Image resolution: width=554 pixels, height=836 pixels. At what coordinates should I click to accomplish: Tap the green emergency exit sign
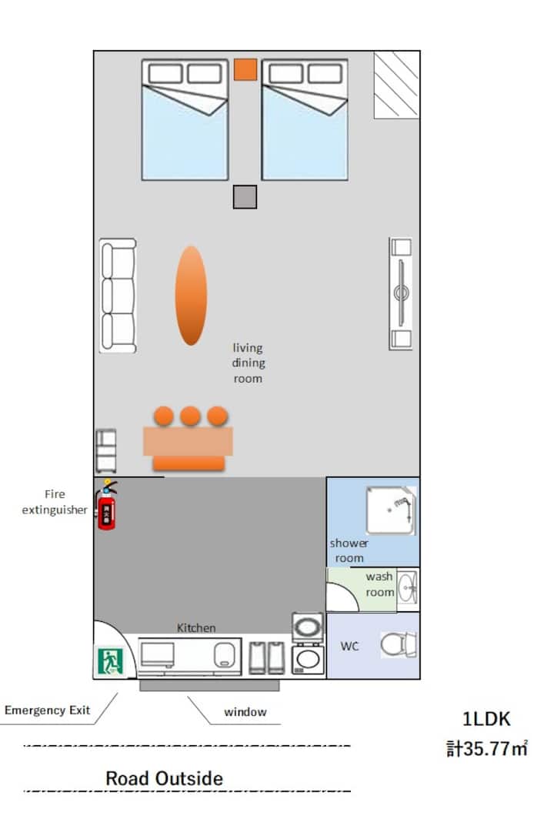click(110, 660)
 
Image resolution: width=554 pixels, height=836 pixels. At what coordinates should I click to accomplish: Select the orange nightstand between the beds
click(245, 70)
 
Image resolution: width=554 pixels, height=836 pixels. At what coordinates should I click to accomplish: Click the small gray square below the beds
click(245, 197)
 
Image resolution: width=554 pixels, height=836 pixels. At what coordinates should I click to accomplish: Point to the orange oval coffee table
click(191, 296)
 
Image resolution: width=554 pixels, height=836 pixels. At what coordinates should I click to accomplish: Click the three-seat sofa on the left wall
click(118, 296)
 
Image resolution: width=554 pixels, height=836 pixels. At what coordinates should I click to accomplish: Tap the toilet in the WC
click(398, 644)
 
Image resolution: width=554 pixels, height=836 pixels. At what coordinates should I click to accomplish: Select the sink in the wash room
click(408, 589)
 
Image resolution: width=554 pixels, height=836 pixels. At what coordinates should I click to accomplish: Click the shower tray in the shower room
click(390, 510)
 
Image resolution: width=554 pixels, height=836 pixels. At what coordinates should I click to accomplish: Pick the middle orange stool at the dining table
click(190, 416)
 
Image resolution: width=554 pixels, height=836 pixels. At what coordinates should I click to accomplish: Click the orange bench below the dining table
click(189, 463)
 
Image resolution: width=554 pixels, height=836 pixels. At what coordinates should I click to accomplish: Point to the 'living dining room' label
click(248, 363)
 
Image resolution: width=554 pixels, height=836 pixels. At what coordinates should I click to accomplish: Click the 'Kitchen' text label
click(196, 627)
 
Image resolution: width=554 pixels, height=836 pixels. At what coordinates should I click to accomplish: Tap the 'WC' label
click(349, 646)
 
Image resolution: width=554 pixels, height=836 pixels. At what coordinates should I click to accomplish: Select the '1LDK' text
click(486, 719)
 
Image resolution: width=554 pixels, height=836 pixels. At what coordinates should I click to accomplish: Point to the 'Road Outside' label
click(164, 778)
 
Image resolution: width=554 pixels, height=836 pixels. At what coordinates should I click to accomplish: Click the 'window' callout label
click(245, 712)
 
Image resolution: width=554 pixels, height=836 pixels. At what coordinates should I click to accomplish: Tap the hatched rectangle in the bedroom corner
click(396, 85)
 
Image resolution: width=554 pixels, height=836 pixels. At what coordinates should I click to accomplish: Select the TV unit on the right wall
click(401, 294)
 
